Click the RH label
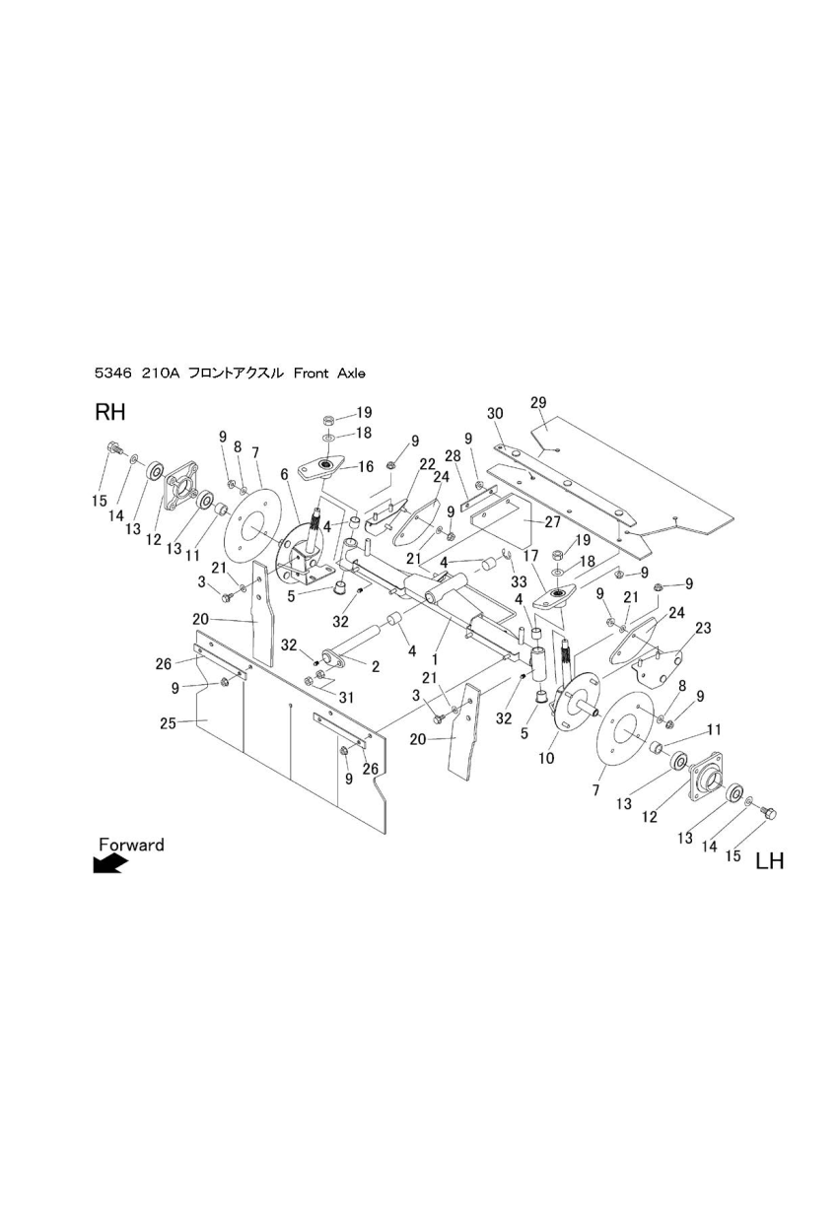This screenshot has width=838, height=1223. pos(109,412)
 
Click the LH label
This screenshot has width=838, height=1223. pos(769,861)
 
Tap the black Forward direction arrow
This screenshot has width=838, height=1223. pos(109,864)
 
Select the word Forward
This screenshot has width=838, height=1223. pos(131,845)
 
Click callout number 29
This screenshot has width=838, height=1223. pos(538,402)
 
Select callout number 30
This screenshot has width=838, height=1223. pos(495,413)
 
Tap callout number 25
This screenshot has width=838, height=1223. pos(169,723)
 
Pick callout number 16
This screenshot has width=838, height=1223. pos(366,467)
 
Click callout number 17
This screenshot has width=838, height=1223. pos(532,558)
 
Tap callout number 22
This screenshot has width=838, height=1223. pos(427,464)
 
